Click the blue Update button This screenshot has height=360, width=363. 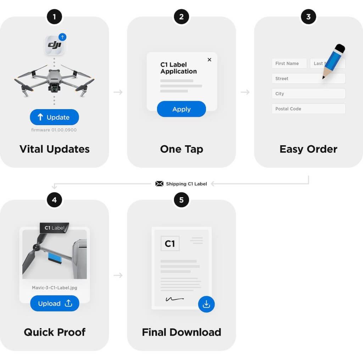tap(54, 117)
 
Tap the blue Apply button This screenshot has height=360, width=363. tap(181, 109)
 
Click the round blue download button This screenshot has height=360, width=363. tap(206, 304)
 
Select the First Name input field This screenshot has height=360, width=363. tap(289, 63)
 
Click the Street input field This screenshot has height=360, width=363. tap(308, 78)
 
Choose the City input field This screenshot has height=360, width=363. tap(308, 94)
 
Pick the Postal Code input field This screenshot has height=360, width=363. tap(308, 109)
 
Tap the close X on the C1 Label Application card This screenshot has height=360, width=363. tap(210, 60)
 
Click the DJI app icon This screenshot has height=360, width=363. tap(54, 45)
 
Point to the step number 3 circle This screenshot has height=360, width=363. tap(308, 17)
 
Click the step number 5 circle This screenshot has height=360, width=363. tap(181, 200)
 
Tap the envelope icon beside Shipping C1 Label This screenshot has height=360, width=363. tap(159, 184)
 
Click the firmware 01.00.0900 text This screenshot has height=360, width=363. tap(54, 130)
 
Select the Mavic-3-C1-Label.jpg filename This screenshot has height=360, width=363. tap(55, 288)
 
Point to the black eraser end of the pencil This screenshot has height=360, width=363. tap(340, 48)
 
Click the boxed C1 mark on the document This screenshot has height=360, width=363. tap(170, 244)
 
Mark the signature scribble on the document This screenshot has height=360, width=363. tap(175, 299)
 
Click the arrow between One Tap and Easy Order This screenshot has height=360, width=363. tap(245, 92)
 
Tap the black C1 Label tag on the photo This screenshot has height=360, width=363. tap(54, 228)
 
